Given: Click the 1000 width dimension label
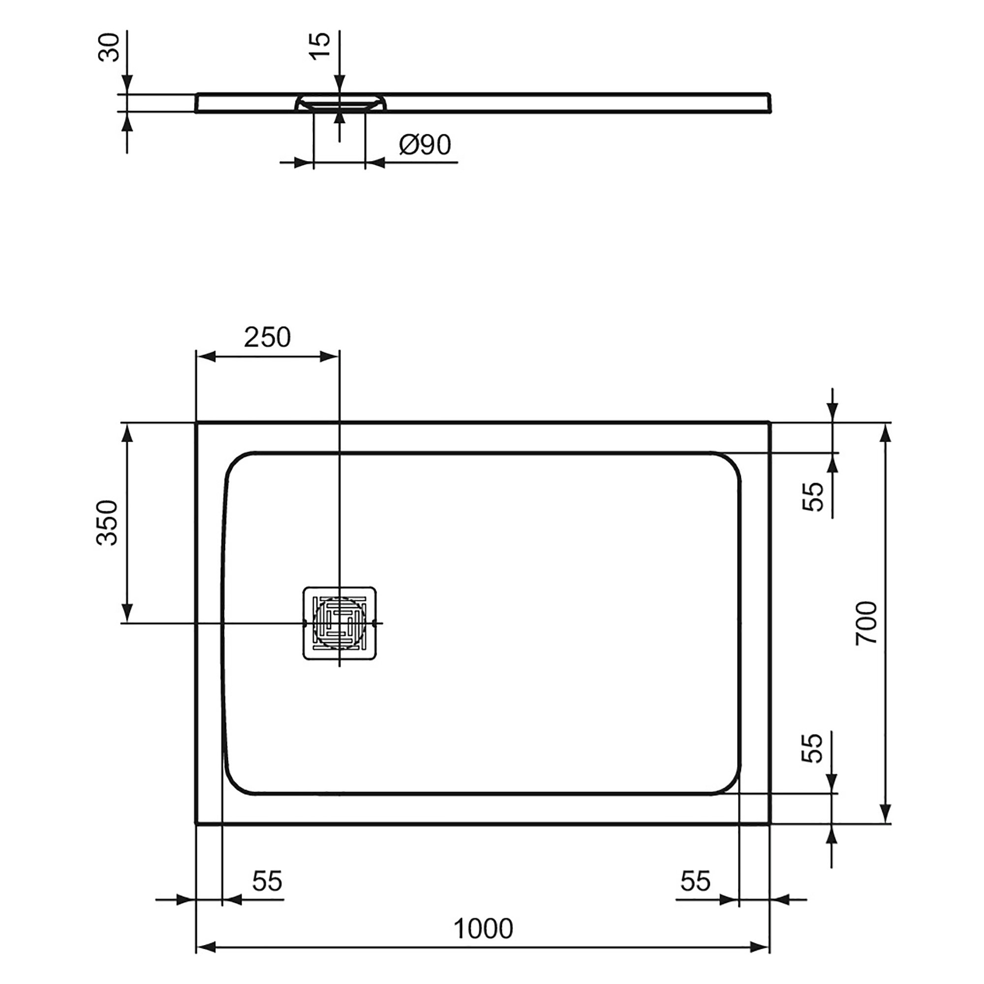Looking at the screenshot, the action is pos(483,928).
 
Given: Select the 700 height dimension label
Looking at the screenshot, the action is pos(866,623).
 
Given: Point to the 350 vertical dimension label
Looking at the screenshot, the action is pos(107,523).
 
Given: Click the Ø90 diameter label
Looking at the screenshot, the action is pos(425,145).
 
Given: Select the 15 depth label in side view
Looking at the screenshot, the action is pos(320,46).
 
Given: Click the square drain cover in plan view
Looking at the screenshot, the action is pos(339,623).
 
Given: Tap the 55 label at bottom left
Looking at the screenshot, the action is pos(267,881).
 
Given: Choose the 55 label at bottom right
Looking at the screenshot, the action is pos(695,881).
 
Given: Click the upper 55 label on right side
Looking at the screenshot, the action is pos(813,496).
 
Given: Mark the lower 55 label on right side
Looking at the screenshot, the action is pos(812,748).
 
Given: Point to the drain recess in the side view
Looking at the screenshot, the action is pos(339,102).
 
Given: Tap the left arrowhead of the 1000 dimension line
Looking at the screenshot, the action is pos(206,947).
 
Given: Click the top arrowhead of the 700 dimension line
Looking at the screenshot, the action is pos(886,433).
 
